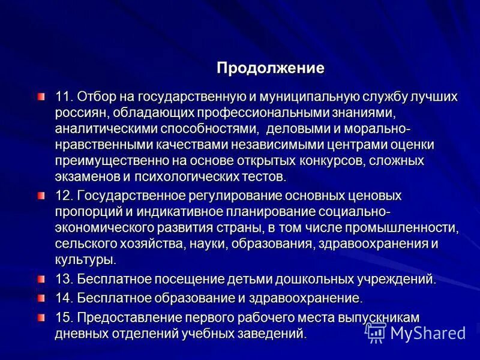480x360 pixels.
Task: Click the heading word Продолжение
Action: click(270, 68)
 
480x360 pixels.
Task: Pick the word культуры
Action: click(85, 260)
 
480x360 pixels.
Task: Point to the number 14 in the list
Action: click(63, 298)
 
